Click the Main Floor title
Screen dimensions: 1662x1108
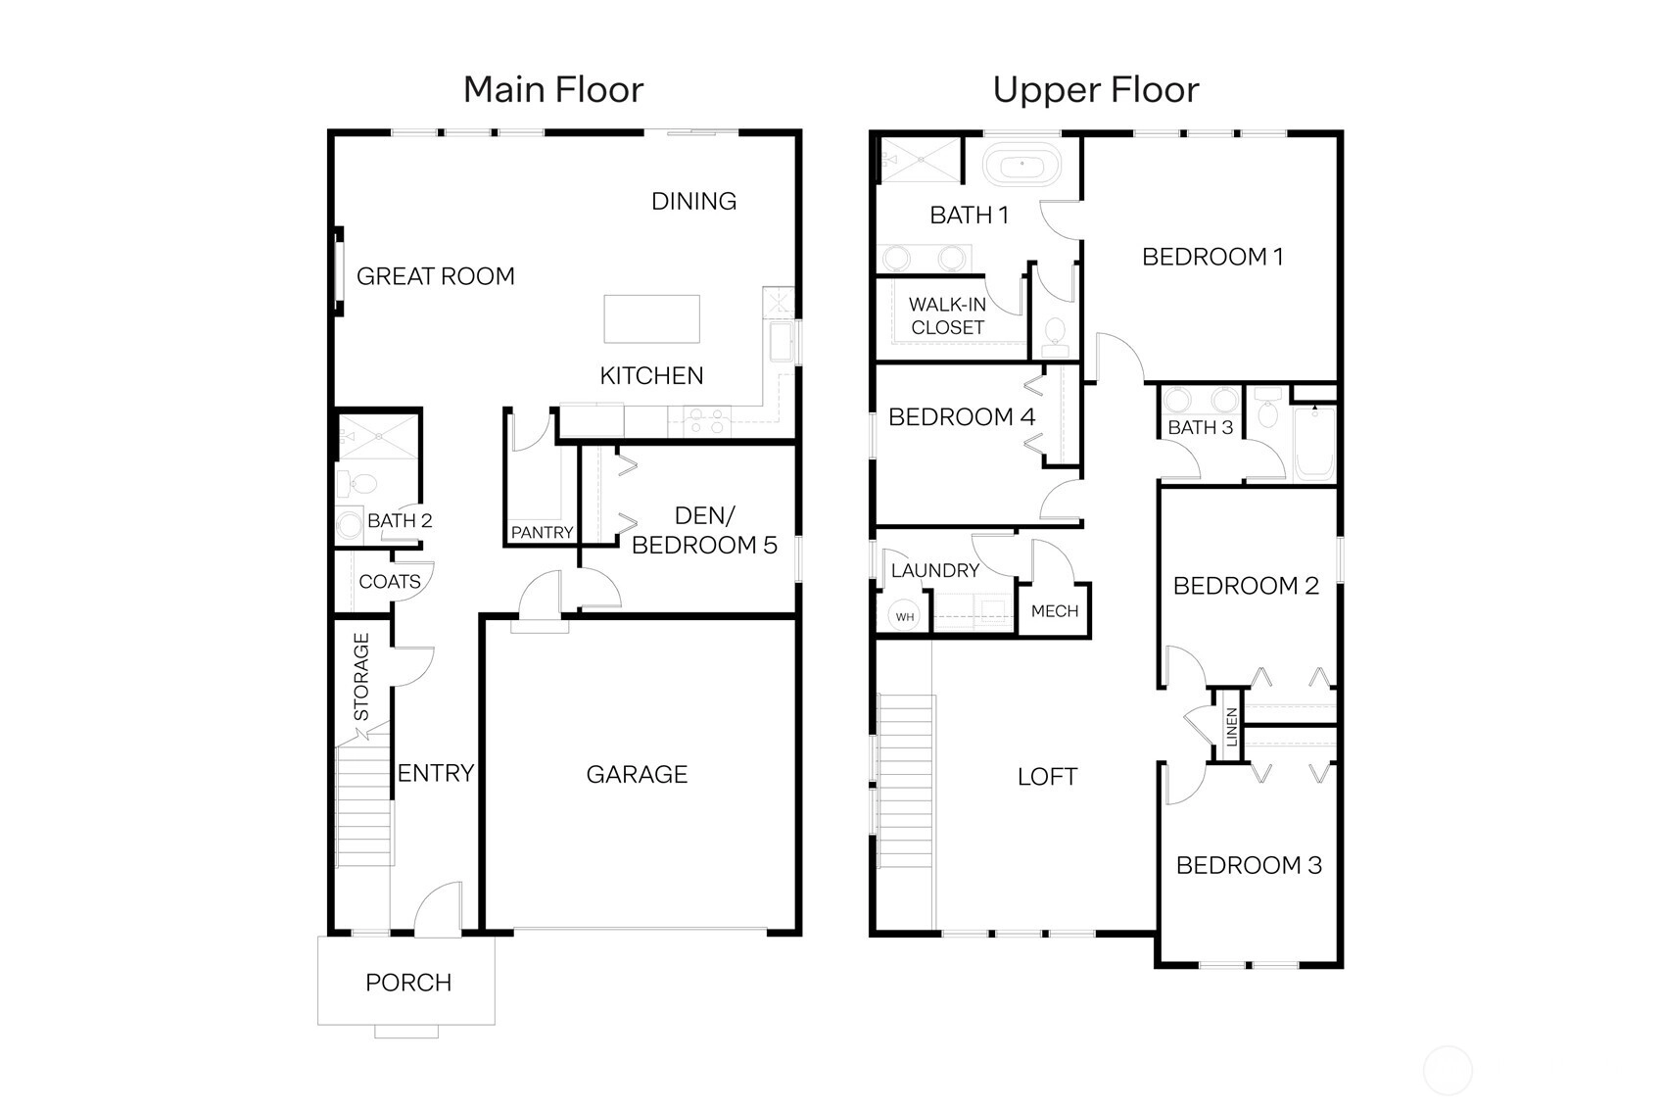click(553, 90)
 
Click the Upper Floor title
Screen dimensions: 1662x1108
click(1096, 90)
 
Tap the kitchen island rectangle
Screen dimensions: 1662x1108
click(651, 319)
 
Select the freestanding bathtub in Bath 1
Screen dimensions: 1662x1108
click(1021, 164)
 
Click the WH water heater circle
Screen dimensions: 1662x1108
click(905, 616)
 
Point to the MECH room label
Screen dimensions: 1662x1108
click(1055, 611)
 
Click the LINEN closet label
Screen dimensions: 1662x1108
click(1232, 727)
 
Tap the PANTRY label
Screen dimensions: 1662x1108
click(542, 532)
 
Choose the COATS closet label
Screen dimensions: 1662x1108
click(390, 581)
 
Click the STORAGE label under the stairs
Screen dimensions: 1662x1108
click(361, 677)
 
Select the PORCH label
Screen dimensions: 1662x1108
click(408, 983)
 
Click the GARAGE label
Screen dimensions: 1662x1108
click(637, 775)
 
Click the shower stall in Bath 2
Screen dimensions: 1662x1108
click(378, 437)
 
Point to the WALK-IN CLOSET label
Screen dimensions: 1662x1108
click(947, 316)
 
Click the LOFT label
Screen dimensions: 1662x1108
click(1047, 777)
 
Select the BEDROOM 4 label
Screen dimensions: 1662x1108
click(962, 417)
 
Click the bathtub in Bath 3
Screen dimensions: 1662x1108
click(1314, 443)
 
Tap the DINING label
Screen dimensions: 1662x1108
click(693, 201)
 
